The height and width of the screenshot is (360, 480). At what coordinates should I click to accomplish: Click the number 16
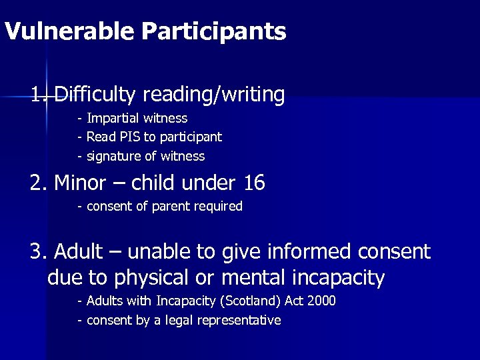click(x=254, y=182)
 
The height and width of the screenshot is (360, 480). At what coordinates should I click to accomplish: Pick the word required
click(x=218, y=207)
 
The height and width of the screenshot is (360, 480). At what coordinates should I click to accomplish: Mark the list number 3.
click(x=37, y=252)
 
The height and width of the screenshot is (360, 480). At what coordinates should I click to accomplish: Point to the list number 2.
click(x=37, y=182)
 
